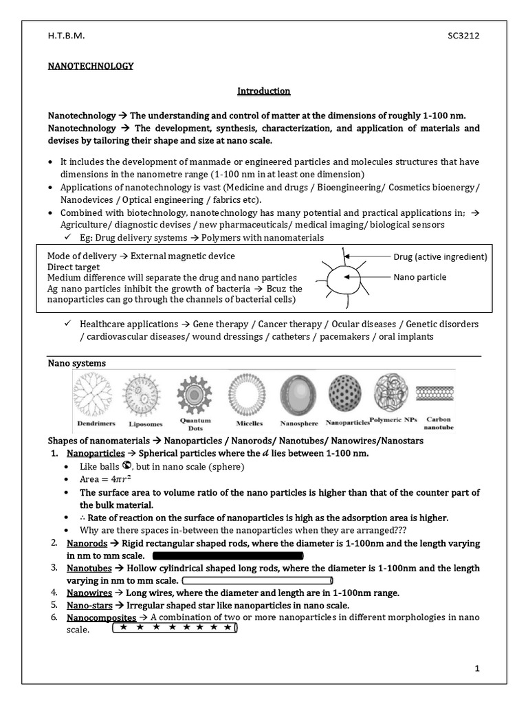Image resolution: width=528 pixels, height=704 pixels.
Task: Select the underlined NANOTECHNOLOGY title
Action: pyautogui.click(x=90, y=66)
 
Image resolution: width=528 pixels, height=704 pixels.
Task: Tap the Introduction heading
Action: pyautogui.click(x=264, y=91)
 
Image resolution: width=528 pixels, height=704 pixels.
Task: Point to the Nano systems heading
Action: pyautogui.click(x=76, y=363)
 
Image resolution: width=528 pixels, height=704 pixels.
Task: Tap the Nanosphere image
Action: pyautogui.click(x=297, y=393)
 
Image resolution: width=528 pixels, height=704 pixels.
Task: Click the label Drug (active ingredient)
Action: pyautogui.click(x=440, y=257)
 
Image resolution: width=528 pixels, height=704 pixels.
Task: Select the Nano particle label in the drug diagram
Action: pyautogui.click(x=420, y=277)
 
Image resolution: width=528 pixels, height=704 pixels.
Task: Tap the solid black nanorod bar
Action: pyautogui.click(x=228, y=555)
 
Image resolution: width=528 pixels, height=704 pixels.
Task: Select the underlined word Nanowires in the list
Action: pyautogui.click(x=89, y=593)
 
